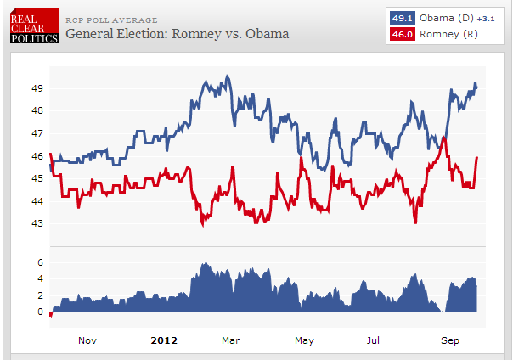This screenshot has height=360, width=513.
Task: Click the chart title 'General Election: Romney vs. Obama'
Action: tap(177, 34)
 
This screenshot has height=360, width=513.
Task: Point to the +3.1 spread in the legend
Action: tap(485, 19)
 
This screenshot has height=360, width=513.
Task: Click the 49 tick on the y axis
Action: tap(37, 88)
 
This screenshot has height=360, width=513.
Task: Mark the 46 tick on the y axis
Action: tap(37, 156)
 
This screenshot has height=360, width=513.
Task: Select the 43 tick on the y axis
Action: tap(37, 224)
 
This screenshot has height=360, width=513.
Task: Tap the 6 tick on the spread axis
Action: tap(40, 262)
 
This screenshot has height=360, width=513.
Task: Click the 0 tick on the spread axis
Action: tap(40, 312)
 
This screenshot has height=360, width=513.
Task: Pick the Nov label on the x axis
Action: tap(87, 340)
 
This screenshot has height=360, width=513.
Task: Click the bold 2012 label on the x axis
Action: tap(163, 340)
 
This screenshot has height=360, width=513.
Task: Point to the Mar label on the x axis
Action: tap(230, 340)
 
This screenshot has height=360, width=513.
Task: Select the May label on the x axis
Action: tap(304, 340)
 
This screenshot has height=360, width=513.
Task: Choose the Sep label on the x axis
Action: tap(450, 340)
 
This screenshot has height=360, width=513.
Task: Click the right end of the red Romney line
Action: tap(477, 157)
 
